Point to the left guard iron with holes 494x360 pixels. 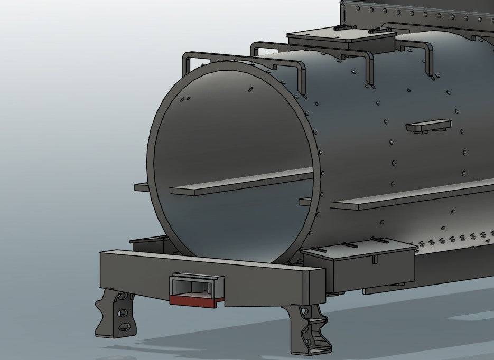pyautogui.click(x=117, y=314)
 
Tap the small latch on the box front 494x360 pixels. pyautogui.click(x=375, y=259)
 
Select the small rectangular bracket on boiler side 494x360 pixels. pyautogui.click(x=428, y=126)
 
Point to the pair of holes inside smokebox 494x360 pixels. pyautogui.click(x=184, y=98)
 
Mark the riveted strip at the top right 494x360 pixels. pyautogui.click(x=417, y=11)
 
